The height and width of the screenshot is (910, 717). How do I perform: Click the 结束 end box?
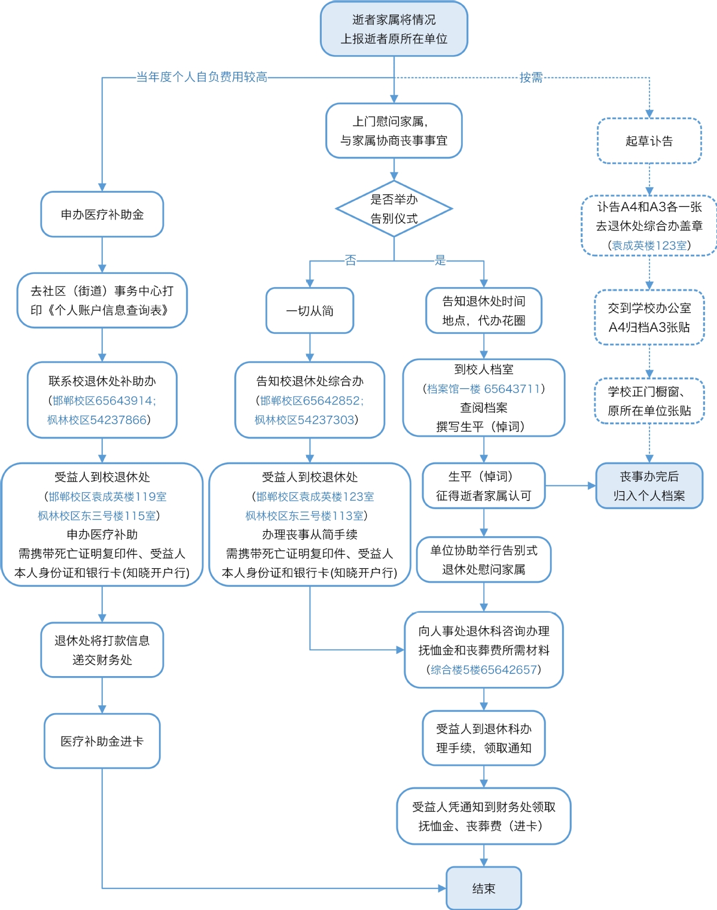tap(483, 888)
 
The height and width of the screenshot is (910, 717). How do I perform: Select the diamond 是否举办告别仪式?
tap(394, 209)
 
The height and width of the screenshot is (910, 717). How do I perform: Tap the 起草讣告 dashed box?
tap(649, 141)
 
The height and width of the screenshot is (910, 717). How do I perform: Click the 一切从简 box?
tap(310, 311)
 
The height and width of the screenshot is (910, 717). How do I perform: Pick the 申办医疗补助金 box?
tap(102, 214)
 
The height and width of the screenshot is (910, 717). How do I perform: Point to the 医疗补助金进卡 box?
tap(102, 741)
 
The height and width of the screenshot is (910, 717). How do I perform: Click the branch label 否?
tap(350, 260)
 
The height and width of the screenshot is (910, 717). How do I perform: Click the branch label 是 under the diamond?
tap(440, 260)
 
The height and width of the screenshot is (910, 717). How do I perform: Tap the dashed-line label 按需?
tap(531, 77)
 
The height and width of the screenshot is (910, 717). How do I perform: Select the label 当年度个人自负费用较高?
tap(202, 77)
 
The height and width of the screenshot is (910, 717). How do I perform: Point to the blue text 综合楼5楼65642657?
tap(484, 669)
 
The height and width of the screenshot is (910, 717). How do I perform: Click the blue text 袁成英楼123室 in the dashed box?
tap(649, 245)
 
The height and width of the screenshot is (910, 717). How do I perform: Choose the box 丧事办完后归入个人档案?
tap(649, 486)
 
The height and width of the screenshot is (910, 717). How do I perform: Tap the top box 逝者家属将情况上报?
tap(394, 29)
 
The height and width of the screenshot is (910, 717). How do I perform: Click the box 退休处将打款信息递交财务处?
tap(102, 650)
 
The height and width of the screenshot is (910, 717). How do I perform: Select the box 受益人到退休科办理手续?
tap(484, 738)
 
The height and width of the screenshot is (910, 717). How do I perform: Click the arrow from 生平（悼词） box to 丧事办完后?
tap(570, 486)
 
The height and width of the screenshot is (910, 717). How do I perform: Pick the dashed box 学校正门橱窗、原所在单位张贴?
tap(649, 401)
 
